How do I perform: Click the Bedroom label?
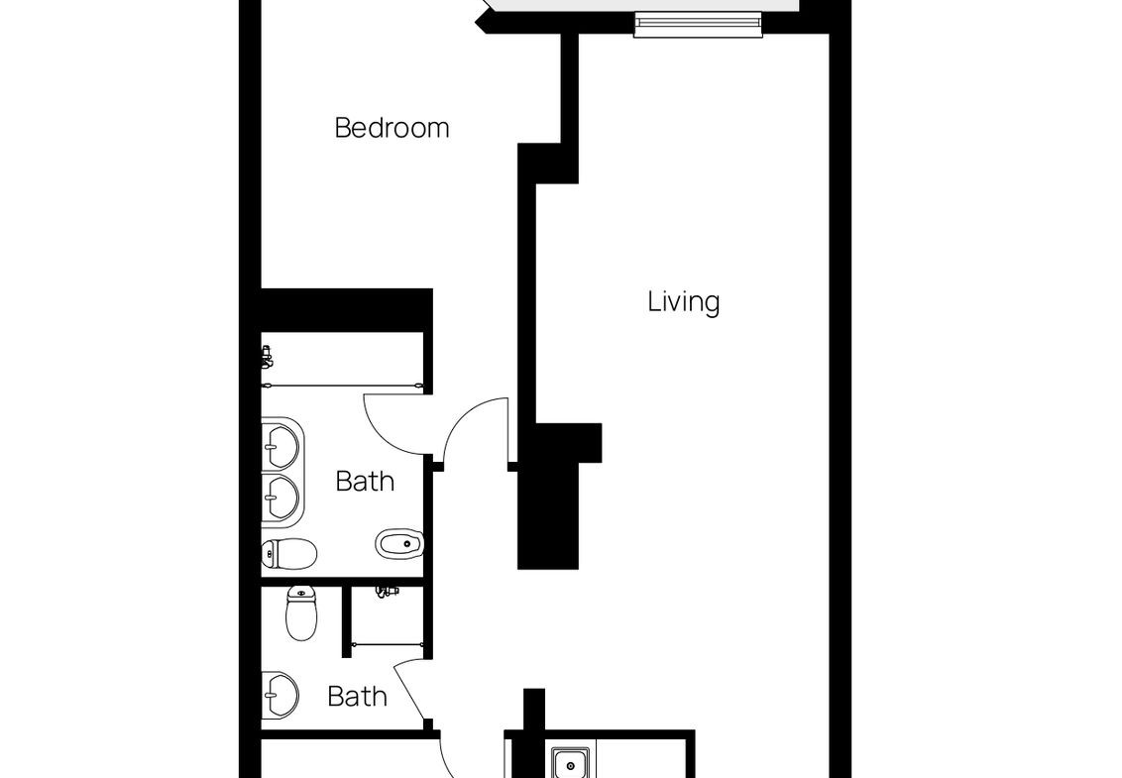(x=392, y=128)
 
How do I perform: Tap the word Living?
(x=683, y=301)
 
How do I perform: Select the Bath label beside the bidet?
(x=365, y=481)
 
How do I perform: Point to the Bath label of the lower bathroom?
(x=357, y=696)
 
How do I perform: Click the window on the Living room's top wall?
(x=698, y=25)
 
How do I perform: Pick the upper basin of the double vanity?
(x=280, y=446)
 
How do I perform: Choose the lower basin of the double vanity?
(x=280, y=498)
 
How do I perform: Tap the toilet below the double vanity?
(x=289, y=553)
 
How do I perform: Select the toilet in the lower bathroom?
(x=301, y=613)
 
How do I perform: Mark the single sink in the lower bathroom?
(x=280, y=695)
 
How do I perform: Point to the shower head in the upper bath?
(x=267, y=357)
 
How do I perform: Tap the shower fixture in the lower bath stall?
(x=387, y=592)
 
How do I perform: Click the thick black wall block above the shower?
(x=347, y=310)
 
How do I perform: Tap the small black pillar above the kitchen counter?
(x=534, y=710)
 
